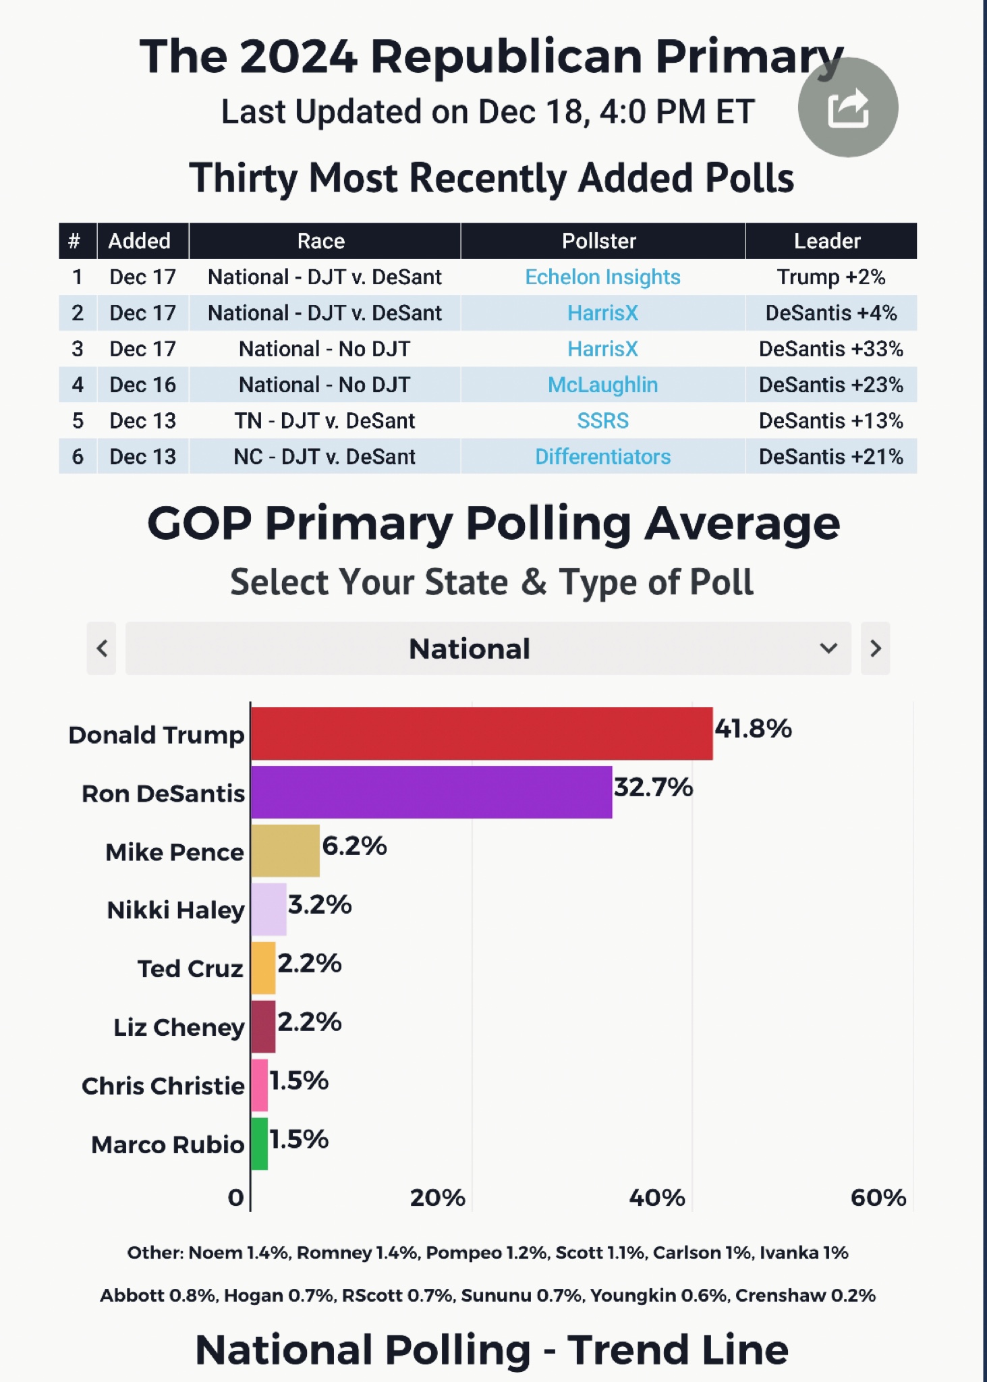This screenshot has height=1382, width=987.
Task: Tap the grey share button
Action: click(x=847, y=108)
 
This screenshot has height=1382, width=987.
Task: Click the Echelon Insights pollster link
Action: click(x=602, y=277)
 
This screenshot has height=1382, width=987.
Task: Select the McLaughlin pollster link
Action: click(x=602, y=385)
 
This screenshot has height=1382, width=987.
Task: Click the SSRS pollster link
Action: click(x=602, y=420)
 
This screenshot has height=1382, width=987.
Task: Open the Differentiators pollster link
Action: click(x=602, y=457)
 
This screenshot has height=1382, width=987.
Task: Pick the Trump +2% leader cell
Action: click(x=830, y=277)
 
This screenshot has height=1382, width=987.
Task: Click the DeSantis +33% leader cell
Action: click(x=830, y=349)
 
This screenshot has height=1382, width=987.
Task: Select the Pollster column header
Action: click(x=599, y=241)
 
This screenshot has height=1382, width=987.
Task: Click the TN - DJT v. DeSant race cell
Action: click(x=325, y=420)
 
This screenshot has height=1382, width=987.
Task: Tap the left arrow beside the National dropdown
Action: click(x=102, y=648)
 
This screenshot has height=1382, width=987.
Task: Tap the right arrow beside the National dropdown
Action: click(x=875, y=648)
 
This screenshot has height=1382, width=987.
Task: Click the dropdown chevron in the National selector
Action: click(x=828, y=648)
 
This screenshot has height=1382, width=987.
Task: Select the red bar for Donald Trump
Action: click(x=482, y=734)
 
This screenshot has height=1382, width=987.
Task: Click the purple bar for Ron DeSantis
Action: click(x=432, y=792)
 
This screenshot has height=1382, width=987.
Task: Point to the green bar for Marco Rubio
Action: click(x=260, y=1144)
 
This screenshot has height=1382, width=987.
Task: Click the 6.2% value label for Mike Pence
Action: click(x=354, y=846)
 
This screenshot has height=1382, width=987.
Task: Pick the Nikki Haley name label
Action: click(x=175, y=910)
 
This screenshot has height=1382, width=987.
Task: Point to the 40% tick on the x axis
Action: click(x=657, y=1198)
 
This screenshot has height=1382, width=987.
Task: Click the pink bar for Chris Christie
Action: click(x=260, y=1085)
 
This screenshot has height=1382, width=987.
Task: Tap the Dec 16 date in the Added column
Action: click(x=142, y=385)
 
